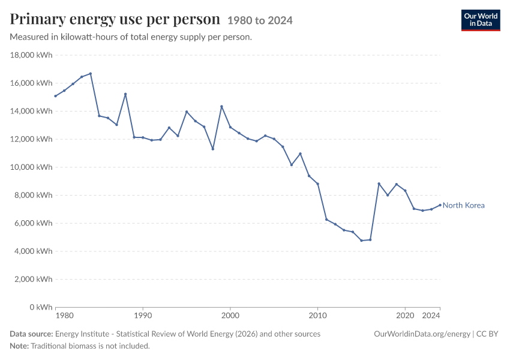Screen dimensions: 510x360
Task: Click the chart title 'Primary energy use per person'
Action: coord(115,19)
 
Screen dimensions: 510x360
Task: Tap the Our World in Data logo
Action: coord(481,20)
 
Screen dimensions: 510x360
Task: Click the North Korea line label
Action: coord(463,205)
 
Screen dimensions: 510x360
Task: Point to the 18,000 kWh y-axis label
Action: coord(31,55)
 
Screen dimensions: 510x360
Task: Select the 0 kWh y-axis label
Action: coord(41,307)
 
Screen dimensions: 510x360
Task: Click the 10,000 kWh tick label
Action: coord(31,167)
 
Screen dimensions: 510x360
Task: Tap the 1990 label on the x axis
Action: coord(143,316)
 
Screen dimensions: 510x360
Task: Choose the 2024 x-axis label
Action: coord(431,316)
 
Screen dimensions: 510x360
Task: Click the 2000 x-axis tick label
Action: coord(230,316)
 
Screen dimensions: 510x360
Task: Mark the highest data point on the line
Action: coord(91,73)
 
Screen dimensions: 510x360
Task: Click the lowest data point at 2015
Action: coord(361,241)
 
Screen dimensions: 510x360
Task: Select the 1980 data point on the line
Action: coord(55,96)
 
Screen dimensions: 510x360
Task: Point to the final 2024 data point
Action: coord(440,205)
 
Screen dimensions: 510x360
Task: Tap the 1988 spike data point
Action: coord(125,94)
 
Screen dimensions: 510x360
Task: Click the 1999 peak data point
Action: coord(221,106)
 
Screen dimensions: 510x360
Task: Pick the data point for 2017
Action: coord(379,184)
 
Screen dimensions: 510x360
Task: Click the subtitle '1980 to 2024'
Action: coord(260,20)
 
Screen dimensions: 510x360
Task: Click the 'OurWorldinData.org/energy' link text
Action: coord(422,334)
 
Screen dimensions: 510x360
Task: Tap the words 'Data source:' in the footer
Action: coord(31,334)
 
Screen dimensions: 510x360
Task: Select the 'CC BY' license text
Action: coord(487,334)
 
